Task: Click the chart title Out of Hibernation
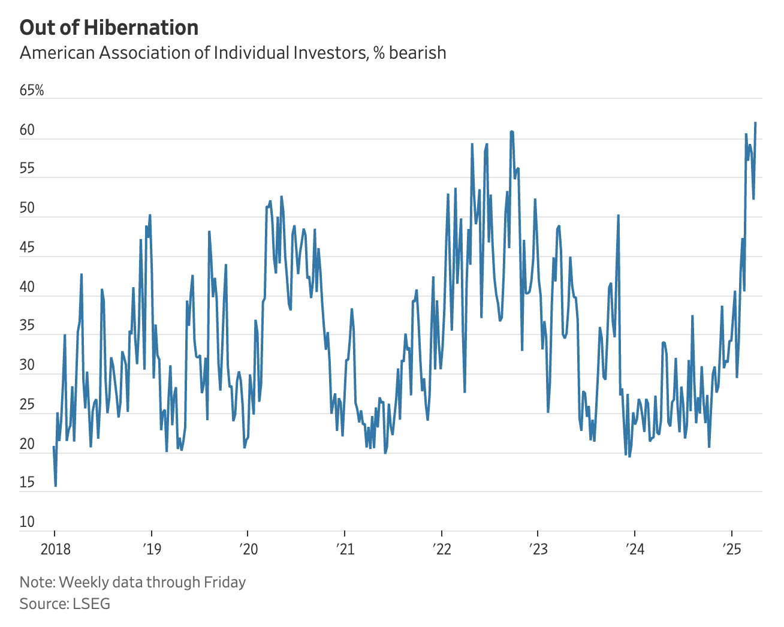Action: coord(109,28)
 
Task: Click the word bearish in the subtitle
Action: coord(417,53)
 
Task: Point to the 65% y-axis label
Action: coord(32,90)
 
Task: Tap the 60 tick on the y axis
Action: coord(28,130)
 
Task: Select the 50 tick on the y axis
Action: coord(28,208)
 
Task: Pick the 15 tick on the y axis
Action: coord(28,482)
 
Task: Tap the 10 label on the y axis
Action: coord(28,521)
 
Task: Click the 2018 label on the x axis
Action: coord(55,549)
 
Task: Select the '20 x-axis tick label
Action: coord(248,549)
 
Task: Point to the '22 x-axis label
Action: coord(441,549)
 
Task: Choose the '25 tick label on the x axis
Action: coord(731,549)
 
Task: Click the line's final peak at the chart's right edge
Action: coord(755,123)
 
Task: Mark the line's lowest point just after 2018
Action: coord(56,486)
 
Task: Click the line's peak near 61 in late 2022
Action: coord(511,131)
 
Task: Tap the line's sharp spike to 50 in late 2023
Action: coord(618,215)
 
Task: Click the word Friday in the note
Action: coord(225,581)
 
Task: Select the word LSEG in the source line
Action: coord(92,603)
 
